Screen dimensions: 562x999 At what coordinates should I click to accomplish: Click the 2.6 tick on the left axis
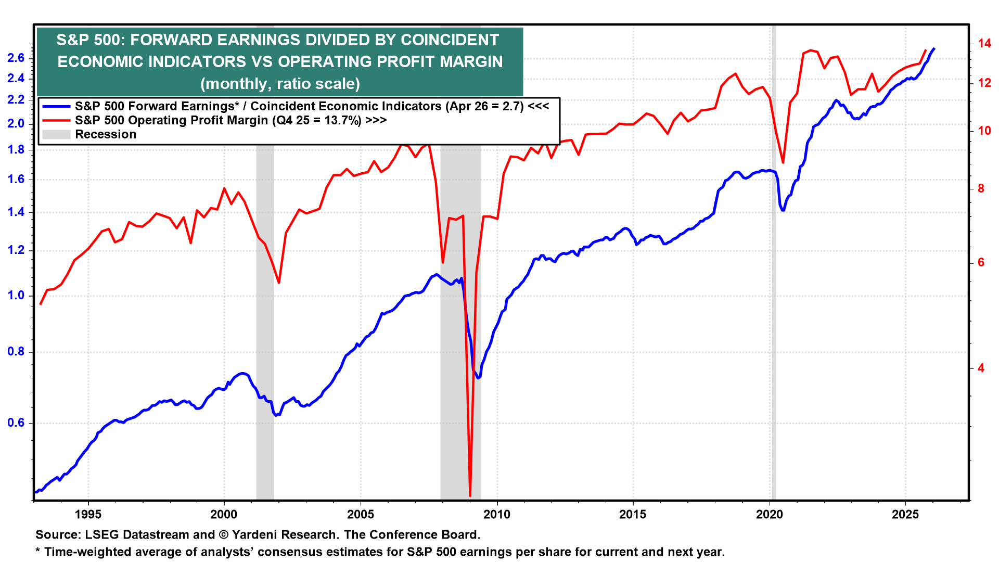click(x=16, y=58)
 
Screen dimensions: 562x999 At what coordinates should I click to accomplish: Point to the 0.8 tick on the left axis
click(x=16, y=352)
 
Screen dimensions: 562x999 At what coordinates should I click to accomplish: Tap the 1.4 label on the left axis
click(x=16, y=212)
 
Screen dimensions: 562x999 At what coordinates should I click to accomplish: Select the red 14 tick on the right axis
click(x=984, y=43)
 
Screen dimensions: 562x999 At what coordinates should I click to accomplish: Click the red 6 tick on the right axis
click(x=981, y=262)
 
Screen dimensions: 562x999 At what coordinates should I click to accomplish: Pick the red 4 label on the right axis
click(x=981, y=368)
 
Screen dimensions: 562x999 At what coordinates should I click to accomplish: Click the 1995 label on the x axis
click(x=88, y=515)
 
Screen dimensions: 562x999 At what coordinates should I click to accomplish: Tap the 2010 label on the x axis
click(x=497, y=515)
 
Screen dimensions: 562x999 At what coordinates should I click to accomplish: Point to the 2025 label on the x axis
click(x=905, y=515)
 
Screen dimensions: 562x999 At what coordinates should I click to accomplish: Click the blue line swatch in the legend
click(x=56, y=106)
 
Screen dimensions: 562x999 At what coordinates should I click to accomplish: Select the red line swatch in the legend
click(x=56, y=120)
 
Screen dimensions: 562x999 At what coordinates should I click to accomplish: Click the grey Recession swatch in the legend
click(x=56, y=134)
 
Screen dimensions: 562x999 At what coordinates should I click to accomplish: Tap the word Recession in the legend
click(x=106, y=134)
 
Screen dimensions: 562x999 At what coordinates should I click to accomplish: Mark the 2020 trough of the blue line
click(x=783, y=210)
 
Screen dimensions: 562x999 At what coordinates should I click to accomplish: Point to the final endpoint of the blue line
click(x=934, y=48)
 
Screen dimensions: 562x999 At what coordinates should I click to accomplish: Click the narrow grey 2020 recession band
click(x=774, y=312)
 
